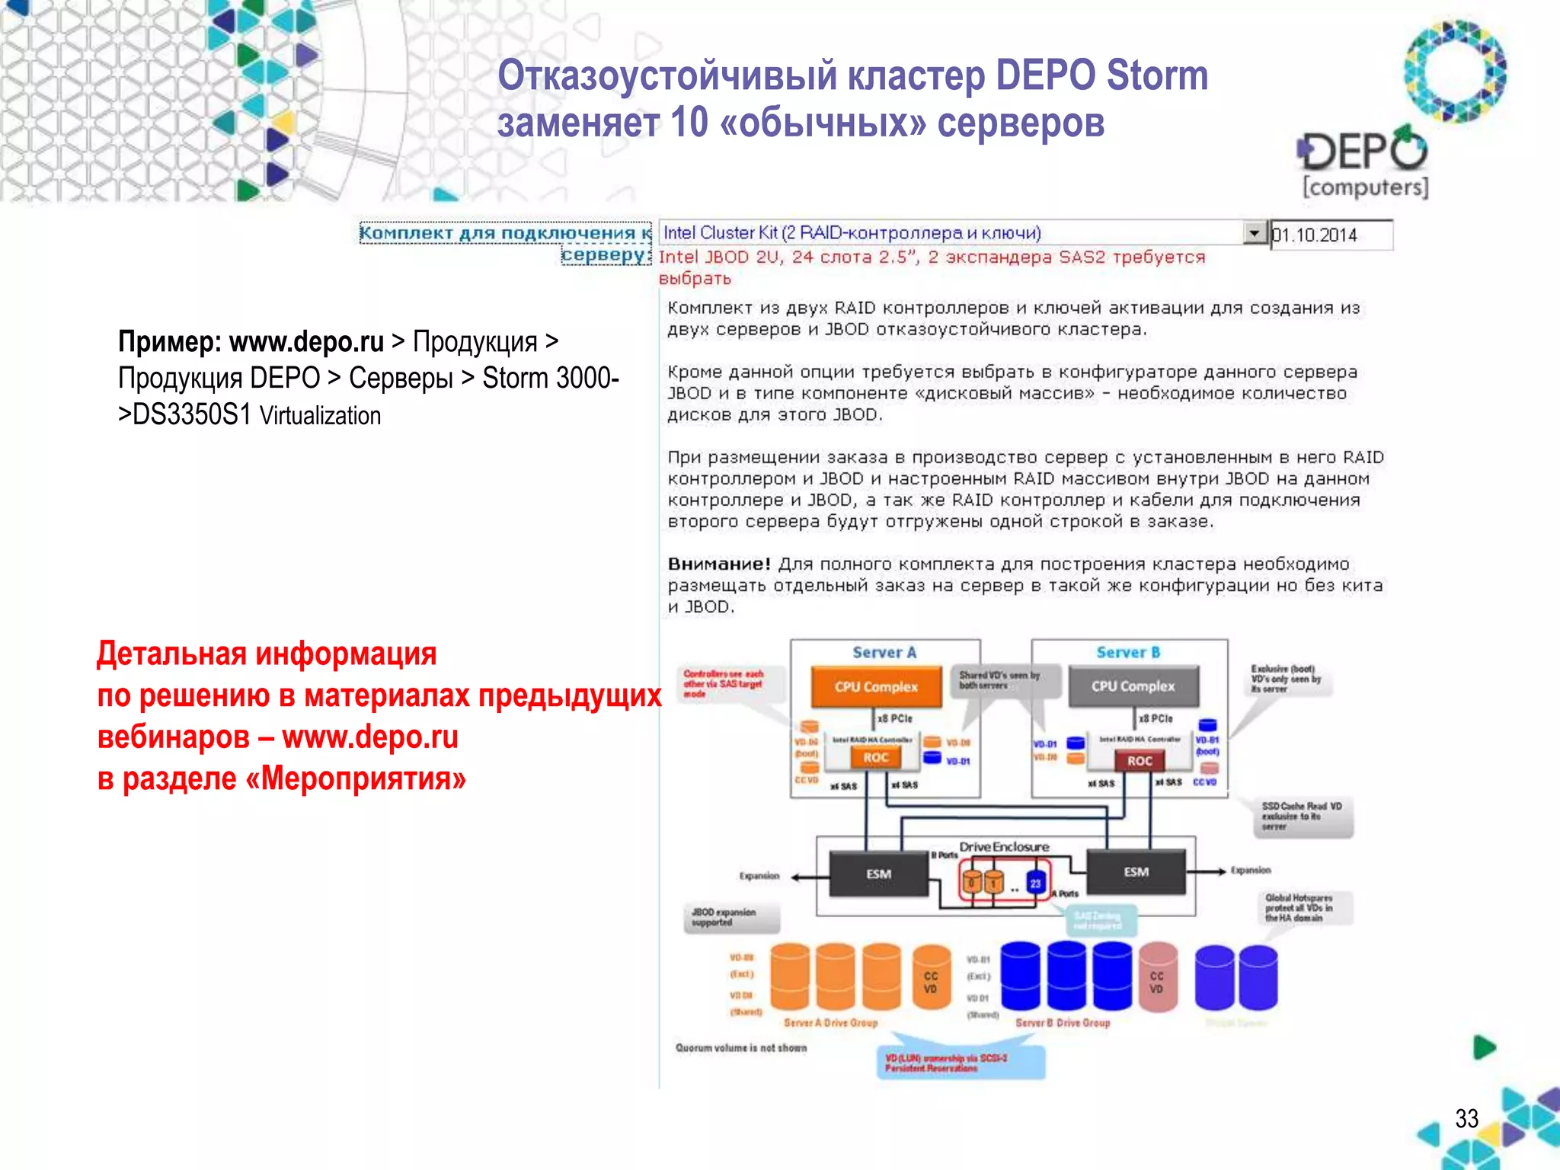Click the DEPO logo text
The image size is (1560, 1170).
click(1363, 151)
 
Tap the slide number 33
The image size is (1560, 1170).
click(1466, 1118)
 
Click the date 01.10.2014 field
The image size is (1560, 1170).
click(1331, 235)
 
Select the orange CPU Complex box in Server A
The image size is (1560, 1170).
click(876, 686)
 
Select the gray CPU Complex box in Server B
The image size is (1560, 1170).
click(1133, 686)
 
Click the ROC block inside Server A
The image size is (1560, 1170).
click(875, 757)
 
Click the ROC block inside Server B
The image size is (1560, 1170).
click(1140, 760)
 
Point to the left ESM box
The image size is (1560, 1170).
click(878, 874)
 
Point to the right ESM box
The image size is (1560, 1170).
click(1136, 871)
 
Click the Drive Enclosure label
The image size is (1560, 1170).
click(1004, 846)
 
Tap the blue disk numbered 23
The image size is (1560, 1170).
click(1035, 883)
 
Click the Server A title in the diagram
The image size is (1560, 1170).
click(884, 652)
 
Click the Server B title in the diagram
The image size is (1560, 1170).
click(1128, 652)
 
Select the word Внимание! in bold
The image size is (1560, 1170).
click(719, 564)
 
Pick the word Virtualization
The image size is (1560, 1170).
click(320, 416)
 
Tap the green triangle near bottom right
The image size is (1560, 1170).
click(1484, 1047)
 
